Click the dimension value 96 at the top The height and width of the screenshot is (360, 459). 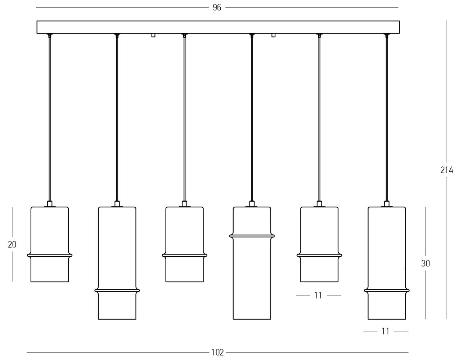pos(217,7)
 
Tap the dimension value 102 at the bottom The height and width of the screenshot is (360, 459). pos(217,352)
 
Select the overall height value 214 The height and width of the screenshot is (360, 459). pos(447,170)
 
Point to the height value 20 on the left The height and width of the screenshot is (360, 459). pos(12,244)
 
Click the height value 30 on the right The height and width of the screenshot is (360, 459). pos(426,264)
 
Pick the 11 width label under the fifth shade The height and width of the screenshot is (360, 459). pos(318,295)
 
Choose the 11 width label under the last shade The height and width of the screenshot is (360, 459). pos(386,331)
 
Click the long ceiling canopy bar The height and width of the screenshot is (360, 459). pos(218,27)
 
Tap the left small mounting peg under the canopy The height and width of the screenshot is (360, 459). pos(153,35)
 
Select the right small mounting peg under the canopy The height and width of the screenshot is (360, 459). pos(274,35)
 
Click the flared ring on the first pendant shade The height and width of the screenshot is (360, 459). pos(50,256)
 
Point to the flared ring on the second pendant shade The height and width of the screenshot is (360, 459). pos(117,290)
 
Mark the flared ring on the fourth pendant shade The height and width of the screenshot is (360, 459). pos(252,236)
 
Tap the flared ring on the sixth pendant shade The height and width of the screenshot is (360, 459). pos(387,290)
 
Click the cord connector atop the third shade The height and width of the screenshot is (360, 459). pos(184,204)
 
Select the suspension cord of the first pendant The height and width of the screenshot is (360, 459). pos(50,119)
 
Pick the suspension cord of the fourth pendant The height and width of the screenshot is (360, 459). pos(252,119)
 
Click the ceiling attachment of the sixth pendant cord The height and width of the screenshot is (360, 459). pos(387,35)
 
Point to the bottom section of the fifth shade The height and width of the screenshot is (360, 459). pos(319,270)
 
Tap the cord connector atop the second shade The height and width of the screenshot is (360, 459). pos(117,204)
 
